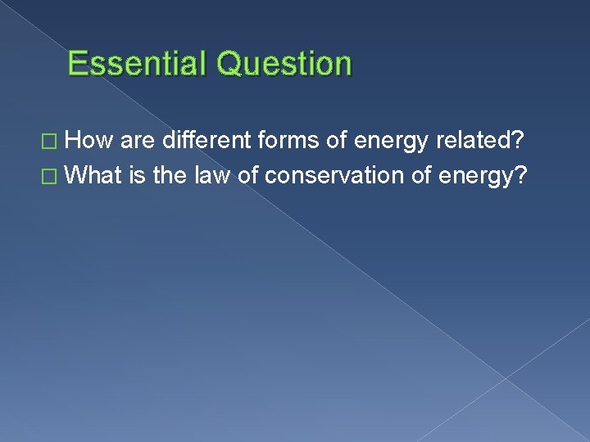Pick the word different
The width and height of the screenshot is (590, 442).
pos(209,142)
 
